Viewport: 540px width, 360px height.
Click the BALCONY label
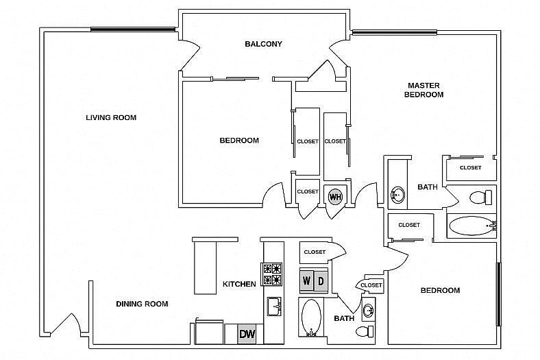[x=263, y=44]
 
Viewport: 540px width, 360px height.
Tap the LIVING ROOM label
[x=111, y=118]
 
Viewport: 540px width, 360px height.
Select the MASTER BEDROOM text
[x=424, y=90]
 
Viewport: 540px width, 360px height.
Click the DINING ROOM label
[x=142, y=304]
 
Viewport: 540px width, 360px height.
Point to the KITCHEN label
[x=239, y=284]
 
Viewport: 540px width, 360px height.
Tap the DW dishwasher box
[x=247, y=334]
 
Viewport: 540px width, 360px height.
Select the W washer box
[x=306, y=280]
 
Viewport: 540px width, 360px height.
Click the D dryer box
[x=321, y=280]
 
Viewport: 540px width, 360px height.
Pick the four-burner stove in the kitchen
[x=273, y=274]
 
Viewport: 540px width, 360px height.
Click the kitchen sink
[x=274, y=307]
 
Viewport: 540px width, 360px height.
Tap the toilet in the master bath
[x=481, y=197]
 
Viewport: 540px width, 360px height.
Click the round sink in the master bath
[x=397, y=195]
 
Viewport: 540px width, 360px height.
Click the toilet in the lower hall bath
[x=365, y=332]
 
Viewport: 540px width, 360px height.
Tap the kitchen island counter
[x=206, y=267]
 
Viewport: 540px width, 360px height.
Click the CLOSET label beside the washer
[x=315, y=252]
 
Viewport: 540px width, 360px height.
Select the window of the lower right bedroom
[x=498, y=294]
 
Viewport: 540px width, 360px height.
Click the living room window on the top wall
[x=133, y=29]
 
